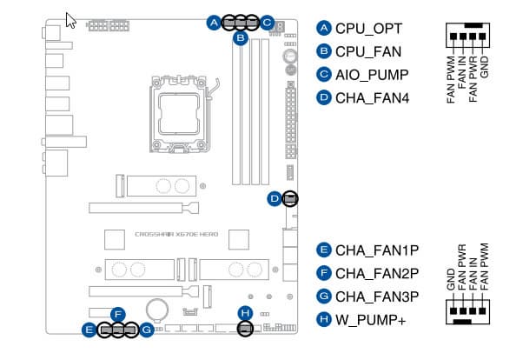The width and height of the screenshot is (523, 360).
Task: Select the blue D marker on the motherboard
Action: tap(275, 199)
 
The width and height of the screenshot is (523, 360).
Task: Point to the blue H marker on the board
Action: tap(245, 312)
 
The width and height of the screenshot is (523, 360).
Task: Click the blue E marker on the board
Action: tap(89, 330)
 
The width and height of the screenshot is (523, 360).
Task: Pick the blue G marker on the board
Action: tap(147, 330)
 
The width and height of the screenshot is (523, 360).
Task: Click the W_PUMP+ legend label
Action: tap(371, 320)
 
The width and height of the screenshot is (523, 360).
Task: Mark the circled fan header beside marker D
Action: tap(290, 199)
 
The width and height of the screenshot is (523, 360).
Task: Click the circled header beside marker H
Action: tap(245, 329)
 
